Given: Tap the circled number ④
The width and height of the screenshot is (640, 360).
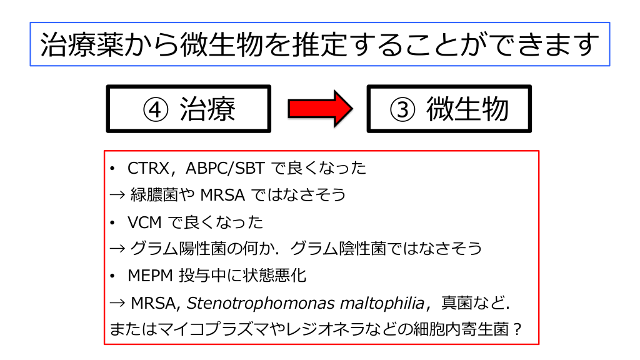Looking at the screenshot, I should coord(156,109).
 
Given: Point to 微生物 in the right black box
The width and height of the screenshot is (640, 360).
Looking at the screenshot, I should coord(467,109).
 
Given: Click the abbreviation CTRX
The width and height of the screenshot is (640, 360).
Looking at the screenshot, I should coord(147,169).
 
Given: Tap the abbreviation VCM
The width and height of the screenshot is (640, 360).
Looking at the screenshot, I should coord(143,222).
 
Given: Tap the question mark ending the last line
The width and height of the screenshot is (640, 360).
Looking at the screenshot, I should coord(517,329).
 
